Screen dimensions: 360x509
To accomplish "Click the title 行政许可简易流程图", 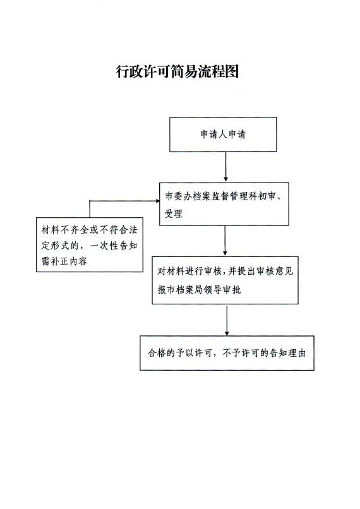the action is click(177, 71).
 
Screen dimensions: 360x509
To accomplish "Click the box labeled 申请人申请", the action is click(223, 135).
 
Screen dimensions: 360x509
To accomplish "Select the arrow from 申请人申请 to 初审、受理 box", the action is click(226, 167).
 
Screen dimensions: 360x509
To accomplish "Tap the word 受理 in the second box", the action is click(174, 213).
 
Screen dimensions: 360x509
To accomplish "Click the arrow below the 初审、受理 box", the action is click(225, 241).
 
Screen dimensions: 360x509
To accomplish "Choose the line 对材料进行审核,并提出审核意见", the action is click(225, 271).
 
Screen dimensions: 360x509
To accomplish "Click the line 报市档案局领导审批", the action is click(200, 290).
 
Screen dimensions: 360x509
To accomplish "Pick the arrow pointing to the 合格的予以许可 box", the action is click(227, 320).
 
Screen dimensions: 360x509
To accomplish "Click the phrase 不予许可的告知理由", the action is click(264, 353).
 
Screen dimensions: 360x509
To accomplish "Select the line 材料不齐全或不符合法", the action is click(90, 230).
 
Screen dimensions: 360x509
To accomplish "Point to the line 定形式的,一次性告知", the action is click(90, 246).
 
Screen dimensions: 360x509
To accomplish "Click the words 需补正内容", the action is click(64, 261).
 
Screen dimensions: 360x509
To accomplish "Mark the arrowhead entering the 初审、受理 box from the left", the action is click(158, 201).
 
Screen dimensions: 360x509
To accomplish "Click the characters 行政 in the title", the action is click(129, 71).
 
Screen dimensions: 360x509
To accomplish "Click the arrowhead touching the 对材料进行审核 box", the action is click(225, 253).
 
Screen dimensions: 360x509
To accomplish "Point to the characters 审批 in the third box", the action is click(232, 290).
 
